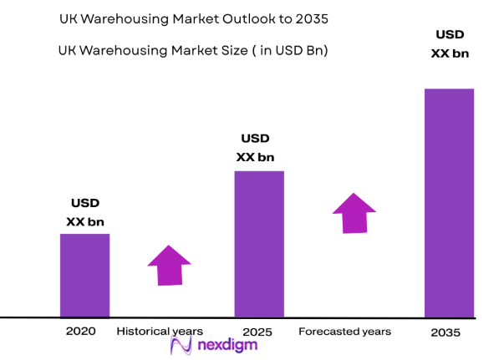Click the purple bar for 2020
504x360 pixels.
(x=84, y=275)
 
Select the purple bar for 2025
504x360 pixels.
(x=259, y=244)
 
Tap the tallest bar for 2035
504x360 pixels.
(x=449, y=202)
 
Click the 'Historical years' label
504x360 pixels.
(x=159, y=332)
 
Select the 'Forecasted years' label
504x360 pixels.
(x=344, y=332)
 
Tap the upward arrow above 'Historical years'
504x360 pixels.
(x=169, y=266)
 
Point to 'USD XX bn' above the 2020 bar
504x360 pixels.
(x=85, y=212)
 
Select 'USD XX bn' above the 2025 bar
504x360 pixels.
(x=256, y=148)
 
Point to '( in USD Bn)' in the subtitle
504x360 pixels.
(x=292, y=50)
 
